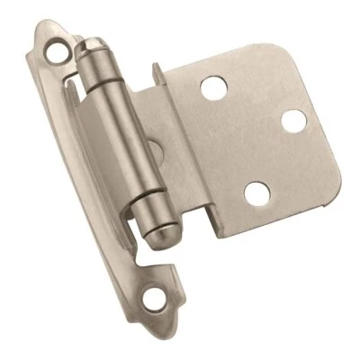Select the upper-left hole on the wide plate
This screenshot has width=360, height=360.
tap(212, 87)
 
